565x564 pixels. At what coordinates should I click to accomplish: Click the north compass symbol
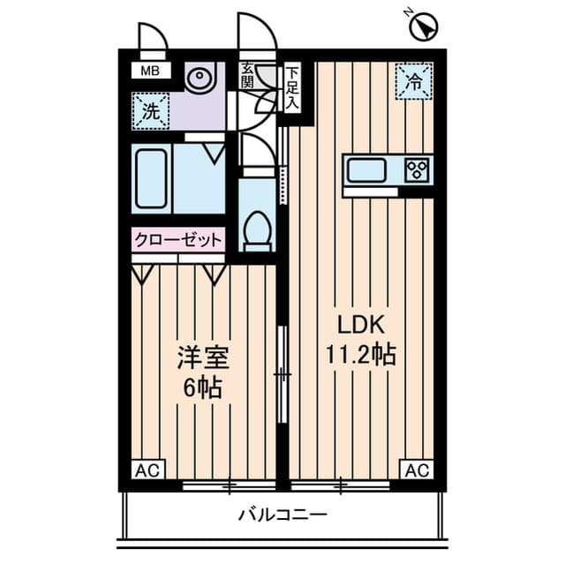click(x=424, y=27)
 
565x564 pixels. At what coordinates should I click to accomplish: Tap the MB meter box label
click(x=151, y=71)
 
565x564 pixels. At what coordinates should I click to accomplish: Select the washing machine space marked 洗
click(x=151, y=111)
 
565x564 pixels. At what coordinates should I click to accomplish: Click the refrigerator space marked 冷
click(x=414, y=81)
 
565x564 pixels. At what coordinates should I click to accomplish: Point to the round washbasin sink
click(x=199, y=76)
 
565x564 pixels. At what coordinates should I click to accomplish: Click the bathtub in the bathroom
click(x=151, y=178)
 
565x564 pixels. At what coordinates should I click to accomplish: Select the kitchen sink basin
click(x=366, y=170)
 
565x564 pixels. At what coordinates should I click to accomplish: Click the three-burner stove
click(x=418, y=169)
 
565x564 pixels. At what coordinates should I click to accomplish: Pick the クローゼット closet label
click(x=178, y=239)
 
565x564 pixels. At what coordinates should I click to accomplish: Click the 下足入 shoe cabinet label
click(x=292, y=88)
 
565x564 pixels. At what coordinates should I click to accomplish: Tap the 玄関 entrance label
click(x=247, y=75)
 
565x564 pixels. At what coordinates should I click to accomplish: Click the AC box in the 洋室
click(x=147, y=470)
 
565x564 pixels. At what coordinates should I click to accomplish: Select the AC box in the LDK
click(x=418, y=470)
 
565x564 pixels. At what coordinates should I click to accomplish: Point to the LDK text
click(x=361, y=325)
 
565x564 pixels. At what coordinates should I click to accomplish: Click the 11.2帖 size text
click(x=361, y=355)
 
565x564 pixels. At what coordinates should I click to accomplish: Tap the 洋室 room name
click(x=203, y=358)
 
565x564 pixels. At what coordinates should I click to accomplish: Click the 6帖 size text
click(x=202, y=388)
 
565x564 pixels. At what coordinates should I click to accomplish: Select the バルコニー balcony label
click(x=282, y=515)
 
